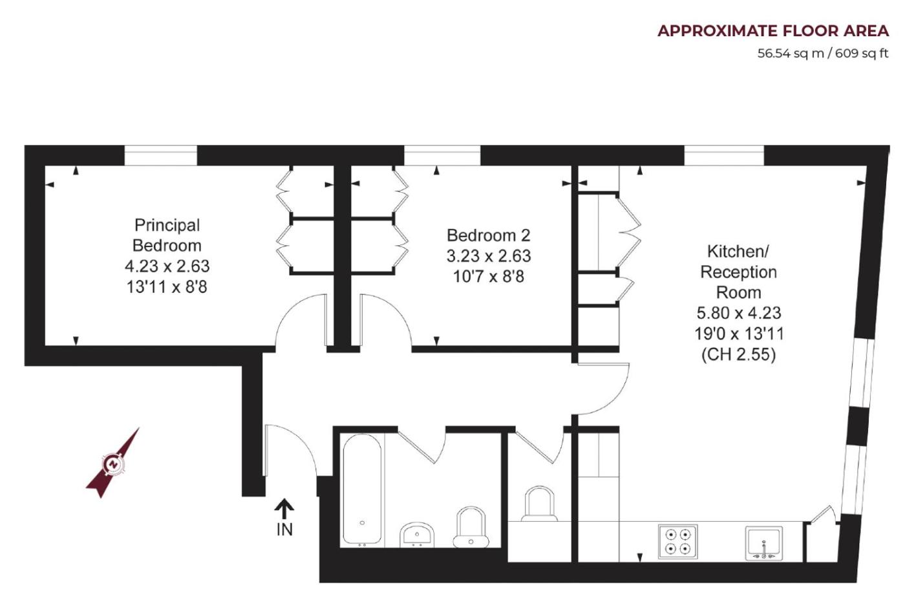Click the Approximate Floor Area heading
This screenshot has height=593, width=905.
pos(773,31)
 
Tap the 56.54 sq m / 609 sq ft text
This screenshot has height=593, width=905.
pos(822,54)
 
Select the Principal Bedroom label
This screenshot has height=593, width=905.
pos(167,235)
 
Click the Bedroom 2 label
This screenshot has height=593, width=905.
pos(488,235)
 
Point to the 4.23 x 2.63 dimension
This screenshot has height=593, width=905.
pos(167,266)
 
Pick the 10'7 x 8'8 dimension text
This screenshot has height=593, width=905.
pos(488,277)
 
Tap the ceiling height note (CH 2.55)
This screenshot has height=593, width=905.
pos(738,355)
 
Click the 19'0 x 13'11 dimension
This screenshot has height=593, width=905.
pos(739,334)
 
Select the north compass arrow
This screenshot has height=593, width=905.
pos(113,463)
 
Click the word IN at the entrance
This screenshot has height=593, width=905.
pos(284,530)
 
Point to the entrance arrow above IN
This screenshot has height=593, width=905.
pos(284,508)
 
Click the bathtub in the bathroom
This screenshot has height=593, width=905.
pos(362,489)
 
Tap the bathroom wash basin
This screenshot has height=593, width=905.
pos(417,535)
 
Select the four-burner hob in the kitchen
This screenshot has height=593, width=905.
pos(677,542)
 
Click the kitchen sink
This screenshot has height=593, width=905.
pos(763,543)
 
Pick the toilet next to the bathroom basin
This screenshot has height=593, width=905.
pos(471,527)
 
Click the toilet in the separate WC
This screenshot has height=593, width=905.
pos(539,504)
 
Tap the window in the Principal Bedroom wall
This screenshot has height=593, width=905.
pos(160,156)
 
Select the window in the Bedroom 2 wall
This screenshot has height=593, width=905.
pos(442,156)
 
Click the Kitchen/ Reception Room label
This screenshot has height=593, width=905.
pos(738,272)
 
